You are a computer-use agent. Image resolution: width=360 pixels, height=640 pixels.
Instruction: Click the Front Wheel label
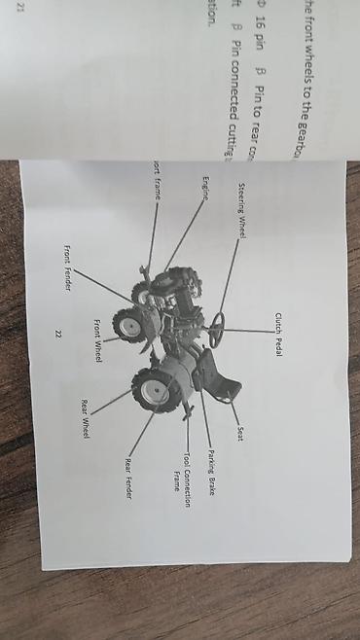click(98, 340)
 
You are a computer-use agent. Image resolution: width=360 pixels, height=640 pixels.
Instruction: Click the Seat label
click(238, 432)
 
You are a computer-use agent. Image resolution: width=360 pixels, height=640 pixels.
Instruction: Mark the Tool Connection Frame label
click(182, 473)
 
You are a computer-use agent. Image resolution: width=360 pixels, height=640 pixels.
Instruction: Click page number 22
click(57, 333)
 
